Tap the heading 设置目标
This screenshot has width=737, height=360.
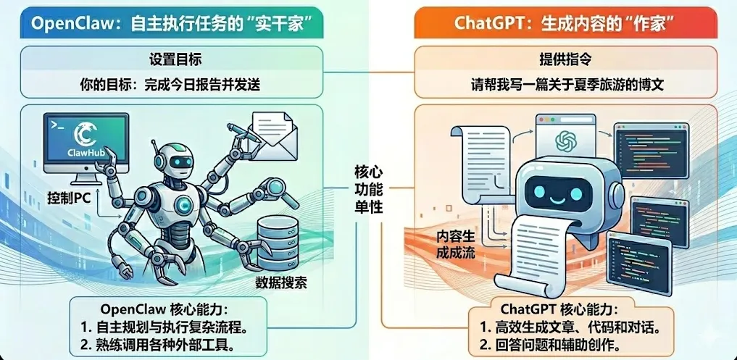click(171, 59)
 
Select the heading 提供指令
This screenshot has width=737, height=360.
click(566, 59)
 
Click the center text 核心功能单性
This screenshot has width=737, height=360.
click(368, 190)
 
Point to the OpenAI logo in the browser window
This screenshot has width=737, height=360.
click(564, 140)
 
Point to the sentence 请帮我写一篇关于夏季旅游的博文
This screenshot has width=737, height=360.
click(566, 84)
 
